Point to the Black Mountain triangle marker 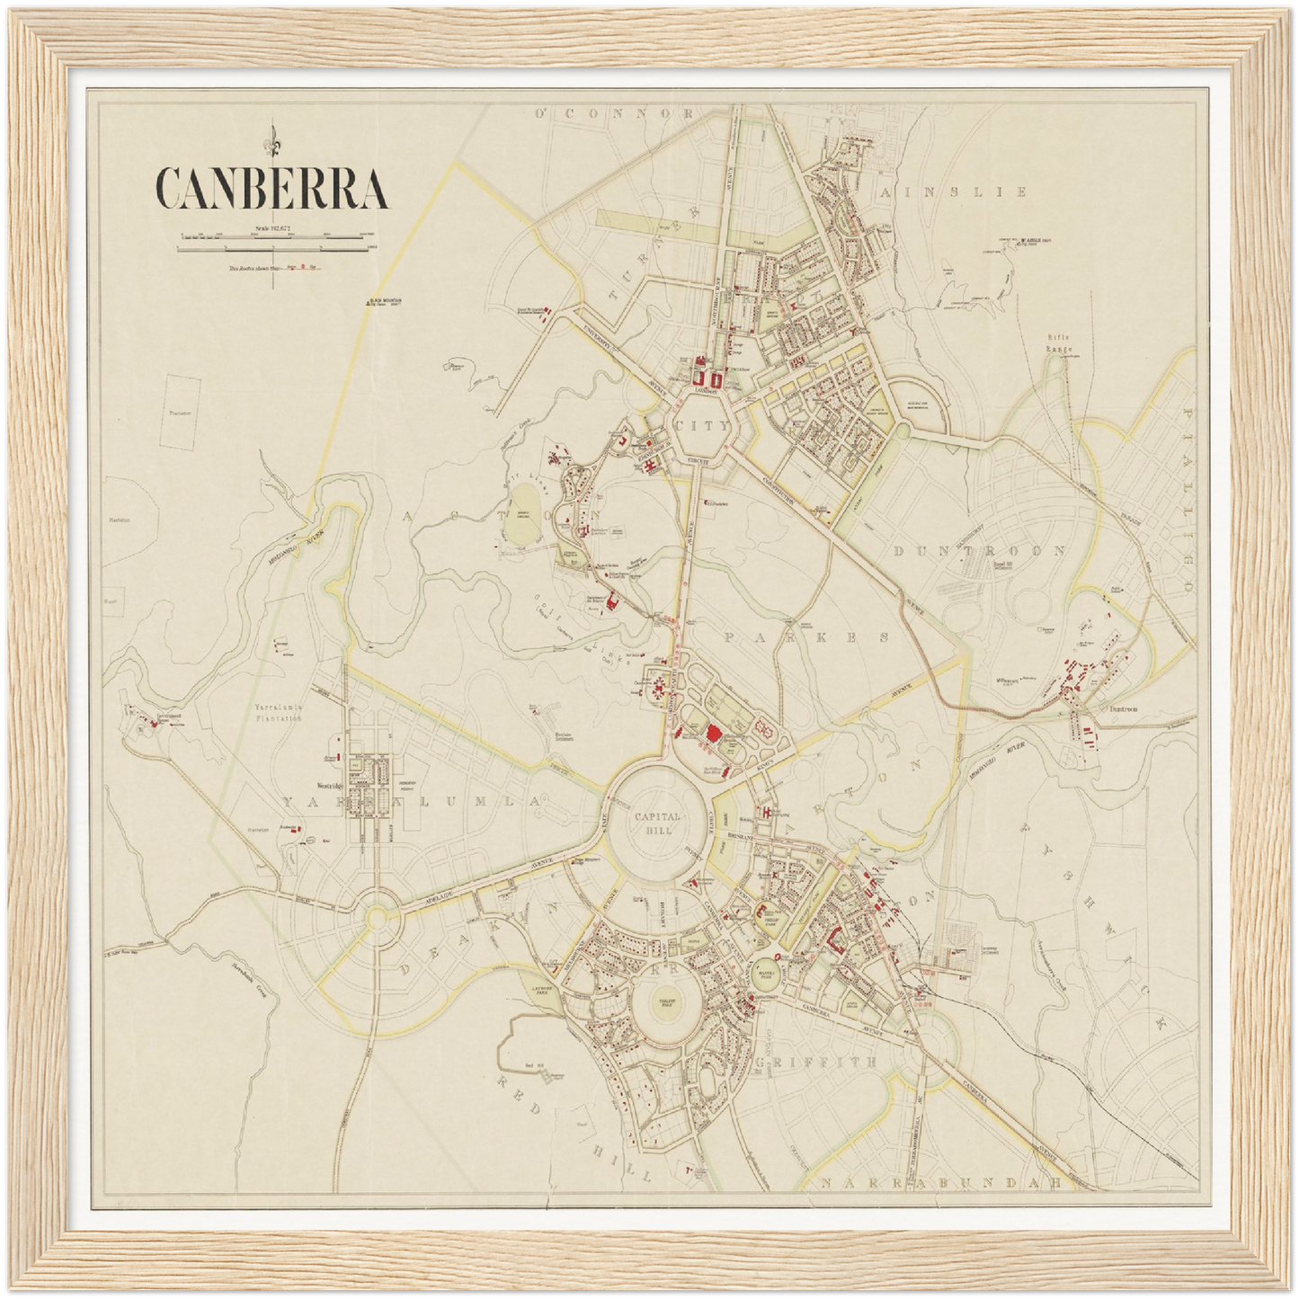366,304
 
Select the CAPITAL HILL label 658,823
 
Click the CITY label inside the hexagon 702,427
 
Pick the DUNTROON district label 980,550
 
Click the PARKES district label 805,636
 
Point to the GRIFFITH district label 815,1062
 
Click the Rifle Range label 1061,343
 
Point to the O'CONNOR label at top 615,114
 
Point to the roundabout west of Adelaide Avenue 380,916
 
